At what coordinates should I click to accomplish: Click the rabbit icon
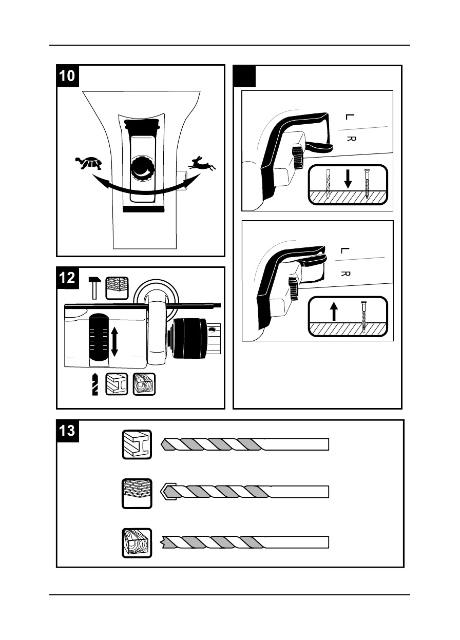click(202, 164)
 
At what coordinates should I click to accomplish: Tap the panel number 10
click(67, 75)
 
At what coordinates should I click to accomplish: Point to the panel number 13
click(67, 430)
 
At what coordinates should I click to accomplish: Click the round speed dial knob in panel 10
click(141, 167)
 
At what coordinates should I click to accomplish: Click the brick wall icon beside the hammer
click(117, 287)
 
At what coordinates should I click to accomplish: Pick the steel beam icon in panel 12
click(117, 384)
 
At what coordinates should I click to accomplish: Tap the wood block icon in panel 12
click(144, 384)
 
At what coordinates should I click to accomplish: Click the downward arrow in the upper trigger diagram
click(348, 178)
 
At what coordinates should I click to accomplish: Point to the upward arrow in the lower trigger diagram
click(334, 311)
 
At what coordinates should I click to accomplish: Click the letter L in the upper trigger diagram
click(350, 117)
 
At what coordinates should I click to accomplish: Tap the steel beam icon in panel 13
click(137, 444)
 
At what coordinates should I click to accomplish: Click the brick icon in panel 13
click(137, 493)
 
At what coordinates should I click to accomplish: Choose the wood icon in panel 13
click(137, 542)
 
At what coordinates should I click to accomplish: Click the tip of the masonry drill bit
click(163, 492)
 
